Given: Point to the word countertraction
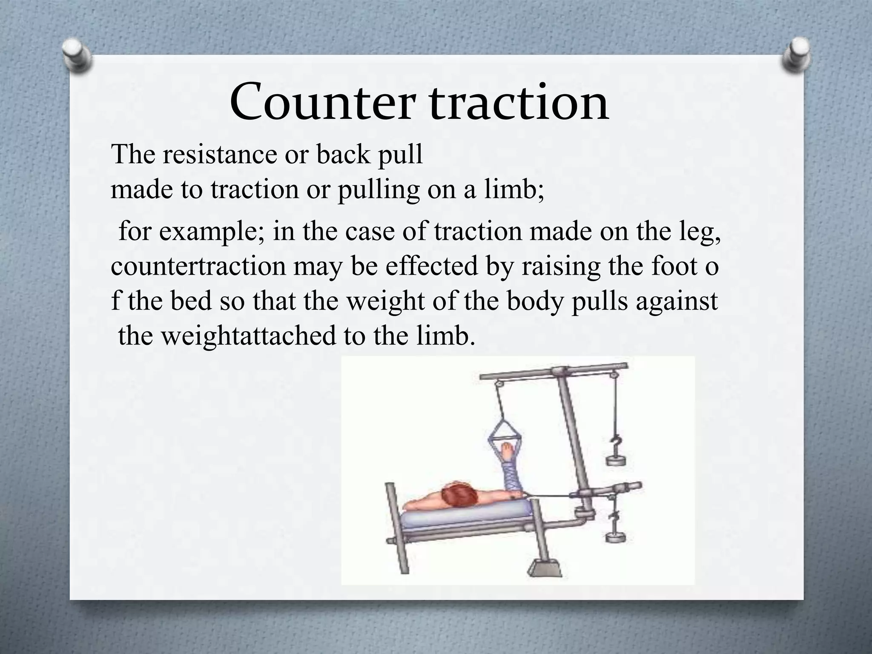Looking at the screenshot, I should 198,267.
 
